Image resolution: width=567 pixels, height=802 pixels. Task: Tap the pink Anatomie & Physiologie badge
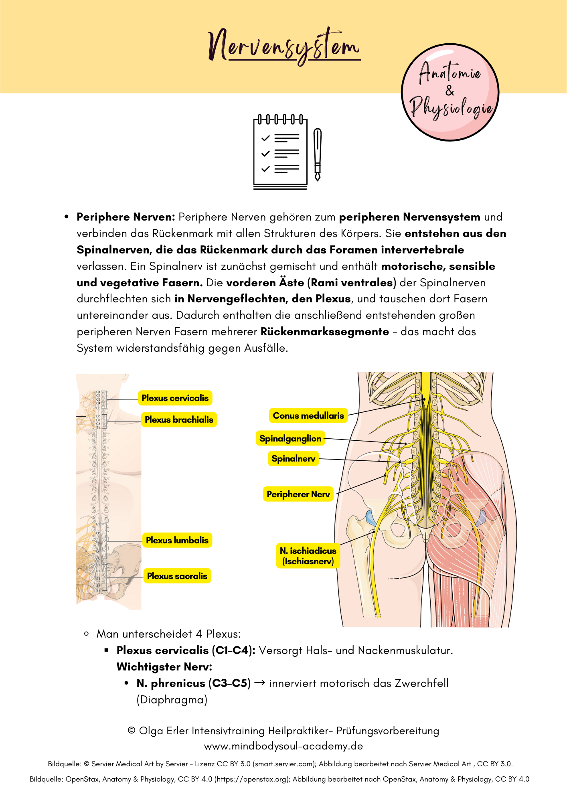pos(450,92)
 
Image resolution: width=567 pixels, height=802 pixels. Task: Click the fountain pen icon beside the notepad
pos(318,154)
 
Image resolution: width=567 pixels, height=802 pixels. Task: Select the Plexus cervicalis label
pos(175,398)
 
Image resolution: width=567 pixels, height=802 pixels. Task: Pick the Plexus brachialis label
pos(179,420)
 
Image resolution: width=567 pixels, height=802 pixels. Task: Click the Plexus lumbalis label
pos(177,541)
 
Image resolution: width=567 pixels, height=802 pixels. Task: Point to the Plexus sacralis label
pos(177,576)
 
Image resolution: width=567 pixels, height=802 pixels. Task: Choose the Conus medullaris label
pos(308,416)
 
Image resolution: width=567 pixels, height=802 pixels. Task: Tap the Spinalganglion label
pos(290,439)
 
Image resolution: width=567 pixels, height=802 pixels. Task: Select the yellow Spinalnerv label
pos(293,459)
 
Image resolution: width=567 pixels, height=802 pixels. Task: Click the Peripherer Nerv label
pos(298,494)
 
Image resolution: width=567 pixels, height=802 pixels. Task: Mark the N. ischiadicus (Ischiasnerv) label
pos(308,556)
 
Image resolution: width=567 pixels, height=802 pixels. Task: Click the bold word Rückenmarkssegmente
pos(325,332)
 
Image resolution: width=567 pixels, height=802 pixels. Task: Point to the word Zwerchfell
pos(421,683)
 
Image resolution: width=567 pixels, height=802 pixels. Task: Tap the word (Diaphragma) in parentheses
pos(172,700)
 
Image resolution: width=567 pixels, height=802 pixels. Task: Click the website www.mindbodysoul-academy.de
pos(283,746)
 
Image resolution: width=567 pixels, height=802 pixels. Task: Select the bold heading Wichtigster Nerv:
pos(164,667)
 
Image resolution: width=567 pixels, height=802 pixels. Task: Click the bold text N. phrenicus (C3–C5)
pos(194,683)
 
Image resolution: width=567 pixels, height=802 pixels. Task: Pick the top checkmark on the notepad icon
pos(265,138)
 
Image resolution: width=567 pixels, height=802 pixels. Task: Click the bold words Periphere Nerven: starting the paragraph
pos(126,217)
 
